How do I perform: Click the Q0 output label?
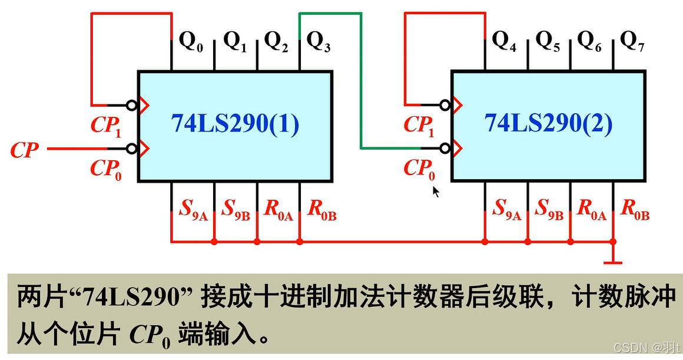point(191,42)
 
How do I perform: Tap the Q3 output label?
point(319,42)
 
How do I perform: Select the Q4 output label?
point(505,42)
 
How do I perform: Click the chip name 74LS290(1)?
point(236,124)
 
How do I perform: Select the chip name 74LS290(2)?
point(549,124)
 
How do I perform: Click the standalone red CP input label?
point(25,150)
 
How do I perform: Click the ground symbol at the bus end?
point(613,259)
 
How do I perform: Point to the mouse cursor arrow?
point(436,191)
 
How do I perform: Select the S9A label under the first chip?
point(193,209)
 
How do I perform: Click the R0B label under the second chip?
point(635,209)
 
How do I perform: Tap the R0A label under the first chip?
point(278,209)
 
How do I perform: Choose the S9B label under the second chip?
point(550,209)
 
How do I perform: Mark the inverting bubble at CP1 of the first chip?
point(133,105)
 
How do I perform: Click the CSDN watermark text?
point(644,347)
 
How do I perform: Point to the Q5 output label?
point(548,42)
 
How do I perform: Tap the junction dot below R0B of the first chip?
point(300,242)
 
